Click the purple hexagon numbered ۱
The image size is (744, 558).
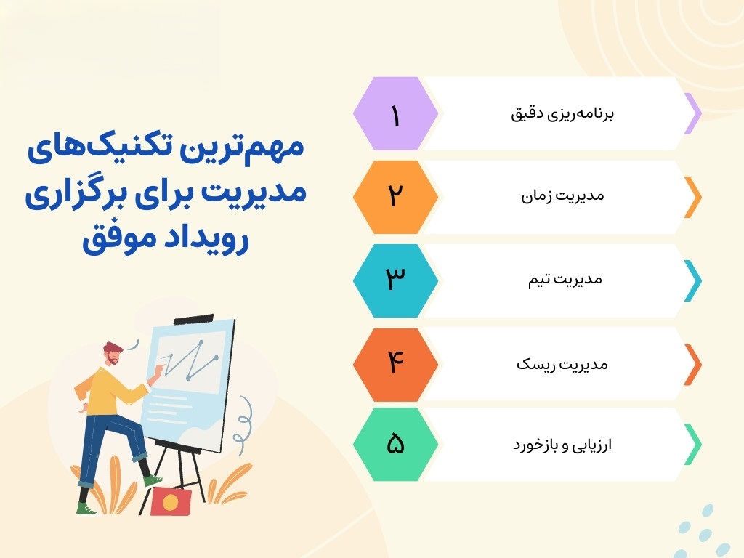click(395, 114)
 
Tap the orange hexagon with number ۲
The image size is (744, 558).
click(395, 197)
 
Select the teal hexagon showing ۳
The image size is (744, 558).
click(395, 280)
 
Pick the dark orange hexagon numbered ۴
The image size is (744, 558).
click(395, 365)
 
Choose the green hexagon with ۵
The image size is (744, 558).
click(395, 444)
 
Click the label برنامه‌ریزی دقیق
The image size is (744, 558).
click(562, 114)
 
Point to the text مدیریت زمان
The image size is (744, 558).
click(563, 195)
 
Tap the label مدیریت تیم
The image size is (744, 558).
click(565, 279)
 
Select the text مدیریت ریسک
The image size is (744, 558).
click(562, 364)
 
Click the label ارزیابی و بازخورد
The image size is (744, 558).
click(562, 445)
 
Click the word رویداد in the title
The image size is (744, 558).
click(203, 238)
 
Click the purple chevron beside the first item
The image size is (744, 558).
click(692, 113)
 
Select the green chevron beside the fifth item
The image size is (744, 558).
click(692, 444)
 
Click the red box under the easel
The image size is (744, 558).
click(171, 501)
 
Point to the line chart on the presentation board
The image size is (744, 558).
click(190, 360)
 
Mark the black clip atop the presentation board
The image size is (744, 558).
click(193, 320)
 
